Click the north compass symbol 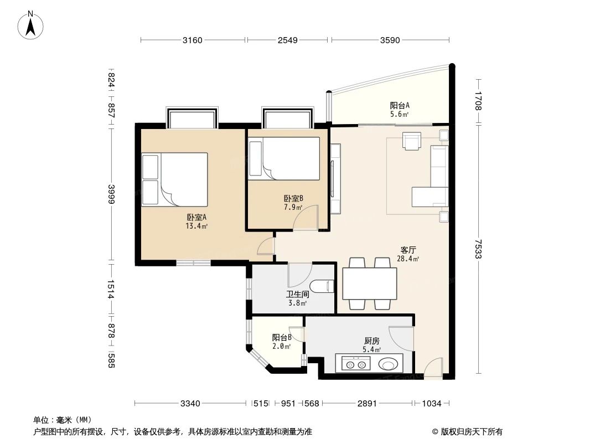32,25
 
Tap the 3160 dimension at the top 193,40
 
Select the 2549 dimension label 288,40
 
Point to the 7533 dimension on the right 478,248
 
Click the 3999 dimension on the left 111,194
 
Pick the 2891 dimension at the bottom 367,403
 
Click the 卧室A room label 196,218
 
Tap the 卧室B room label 293,199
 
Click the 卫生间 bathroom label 297,295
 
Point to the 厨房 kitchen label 371,342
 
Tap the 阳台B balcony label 281,338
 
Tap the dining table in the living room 369,284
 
